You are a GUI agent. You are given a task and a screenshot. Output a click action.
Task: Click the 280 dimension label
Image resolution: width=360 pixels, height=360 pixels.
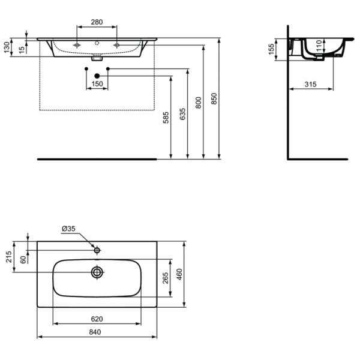coord(96,22)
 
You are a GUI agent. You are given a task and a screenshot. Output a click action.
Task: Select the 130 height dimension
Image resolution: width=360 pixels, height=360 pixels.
coord(8,47)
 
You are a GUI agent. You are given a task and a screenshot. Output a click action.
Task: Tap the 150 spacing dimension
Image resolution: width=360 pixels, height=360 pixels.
coord(97,84)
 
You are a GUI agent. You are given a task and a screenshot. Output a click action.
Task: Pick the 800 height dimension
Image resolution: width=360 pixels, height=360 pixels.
coord(199,102)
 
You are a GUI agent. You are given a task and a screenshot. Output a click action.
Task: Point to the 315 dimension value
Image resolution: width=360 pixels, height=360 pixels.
coord(310,84)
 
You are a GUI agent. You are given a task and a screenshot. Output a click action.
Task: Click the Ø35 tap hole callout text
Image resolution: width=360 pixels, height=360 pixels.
coord(69,229)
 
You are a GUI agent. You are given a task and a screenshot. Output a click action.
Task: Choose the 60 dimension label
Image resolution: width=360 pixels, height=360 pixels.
coord(23,259)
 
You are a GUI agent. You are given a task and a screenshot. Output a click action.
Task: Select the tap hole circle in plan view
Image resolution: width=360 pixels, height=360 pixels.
coord(97,248)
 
